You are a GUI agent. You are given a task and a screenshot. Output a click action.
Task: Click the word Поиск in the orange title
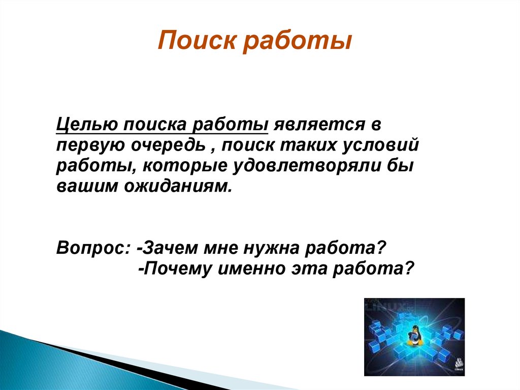197,40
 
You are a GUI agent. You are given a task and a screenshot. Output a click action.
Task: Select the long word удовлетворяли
306,166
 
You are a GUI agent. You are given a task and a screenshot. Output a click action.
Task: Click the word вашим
87,186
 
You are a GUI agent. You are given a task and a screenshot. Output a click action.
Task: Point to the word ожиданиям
177,187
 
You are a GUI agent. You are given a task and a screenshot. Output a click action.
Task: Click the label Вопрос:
93,248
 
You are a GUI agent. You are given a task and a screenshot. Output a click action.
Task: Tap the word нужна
271,248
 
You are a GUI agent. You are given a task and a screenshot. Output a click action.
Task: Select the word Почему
178,268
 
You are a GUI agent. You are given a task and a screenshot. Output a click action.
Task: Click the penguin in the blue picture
414,336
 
